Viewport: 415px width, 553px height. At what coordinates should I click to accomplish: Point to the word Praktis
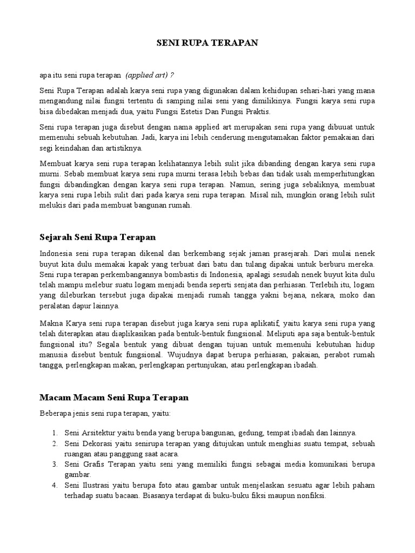(256, 111)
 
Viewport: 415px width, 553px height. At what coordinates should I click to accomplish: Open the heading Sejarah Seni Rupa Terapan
(98, 237)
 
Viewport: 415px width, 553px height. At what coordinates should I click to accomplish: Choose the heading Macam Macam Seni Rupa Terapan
(114, 397)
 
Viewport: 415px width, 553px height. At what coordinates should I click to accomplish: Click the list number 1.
(55, 433)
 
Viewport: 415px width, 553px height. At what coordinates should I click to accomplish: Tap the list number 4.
(55, 485)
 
